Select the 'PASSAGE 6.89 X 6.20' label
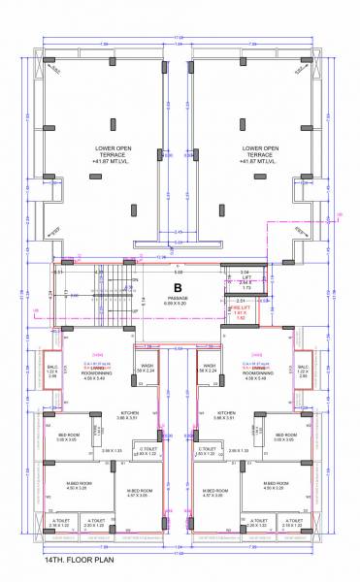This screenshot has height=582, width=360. click(x=178, y=302)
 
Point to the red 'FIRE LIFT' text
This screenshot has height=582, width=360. click(x=240, y=308)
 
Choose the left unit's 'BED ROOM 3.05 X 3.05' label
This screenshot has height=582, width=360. click(x=69, y=437)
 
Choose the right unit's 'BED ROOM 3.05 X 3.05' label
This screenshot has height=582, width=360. click(x=285, y=437)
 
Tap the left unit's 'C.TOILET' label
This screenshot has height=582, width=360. click(x=147, y=451)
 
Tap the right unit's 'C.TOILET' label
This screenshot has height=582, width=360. click(x=207, y=451)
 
